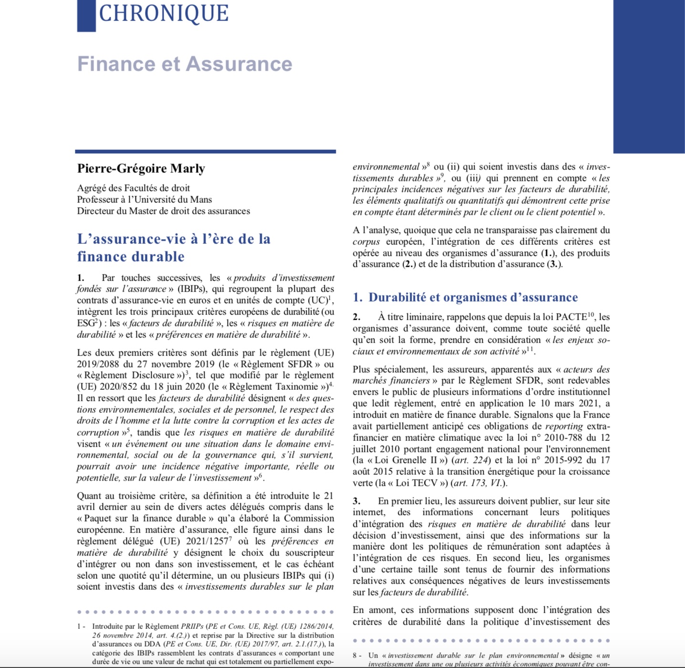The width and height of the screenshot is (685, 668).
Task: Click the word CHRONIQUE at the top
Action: pos(163,13)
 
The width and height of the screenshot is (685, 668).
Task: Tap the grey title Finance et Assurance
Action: pos(185,64)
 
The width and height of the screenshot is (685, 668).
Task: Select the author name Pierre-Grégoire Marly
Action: pos(141,168)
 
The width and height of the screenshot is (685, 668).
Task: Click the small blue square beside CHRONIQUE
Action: pos(86,15)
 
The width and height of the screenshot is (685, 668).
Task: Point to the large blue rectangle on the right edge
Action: pos(649,76)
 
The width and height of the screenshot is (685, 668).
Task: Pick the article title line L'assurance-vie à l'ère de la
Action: pos(174,239)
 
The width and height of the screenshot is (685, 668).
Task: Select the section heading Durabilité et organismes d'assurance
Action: pos(473,297)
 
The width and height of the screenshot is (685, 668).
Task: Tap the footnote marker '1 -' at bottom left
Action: pos(81,626)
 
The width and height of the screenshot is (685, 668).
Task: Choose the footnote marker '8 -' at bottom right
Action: pos(357,656)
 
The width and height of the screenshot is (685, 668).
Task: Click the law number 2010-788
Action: pos(558,438)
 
